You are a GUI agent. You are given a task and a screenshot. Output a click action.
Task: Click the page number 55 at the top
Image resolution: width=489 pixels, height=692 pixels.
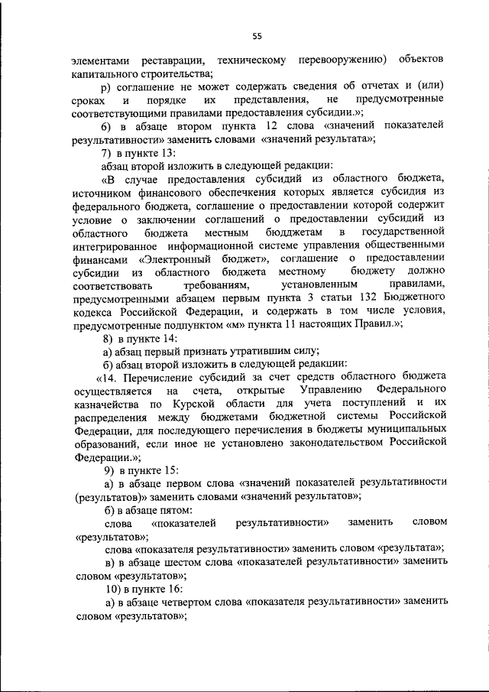point(257,34)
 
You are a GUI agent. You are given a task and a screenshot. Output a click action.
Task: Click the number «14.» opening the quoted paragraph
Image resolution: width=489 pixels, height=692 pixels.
point(108,376)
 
